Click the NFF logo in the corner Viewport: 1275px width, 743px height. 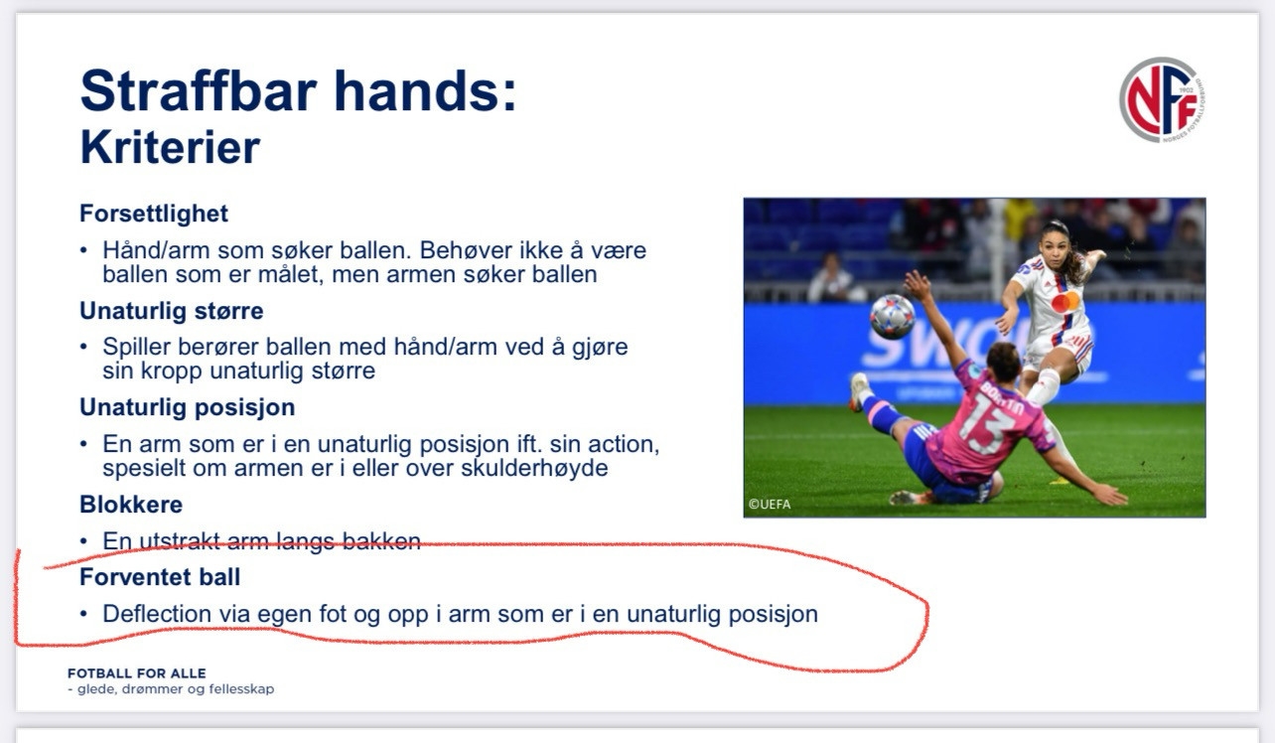point(1162,99)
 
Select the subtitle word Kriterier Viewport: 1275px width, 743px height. point(170,147)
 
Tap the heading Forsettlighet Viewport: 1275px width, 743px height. point(154,214)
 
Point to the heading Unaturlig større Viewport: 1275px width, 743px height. point(172,311)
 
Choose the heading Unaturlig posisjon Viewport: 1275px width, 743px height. point(188,407)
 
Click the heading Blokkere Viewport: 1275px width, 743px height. point(131,505)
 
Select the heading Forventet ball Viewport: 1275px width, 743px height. point(160,577)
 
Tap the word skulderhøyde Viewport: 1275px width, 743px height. point(534,468)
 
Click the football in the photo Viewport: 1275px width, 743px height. point(893,317)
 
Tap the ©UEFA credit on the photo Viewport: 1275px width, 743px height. point(770,504)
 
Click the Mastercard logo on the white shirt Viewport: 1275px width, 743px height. point(1065,302)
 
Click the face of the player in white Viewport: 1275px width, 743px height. point(1055,247)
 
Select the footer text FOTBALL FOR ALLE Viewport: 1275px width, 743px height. point(137,673)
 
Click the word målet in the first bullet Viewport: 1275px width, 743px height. point(290,274)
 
